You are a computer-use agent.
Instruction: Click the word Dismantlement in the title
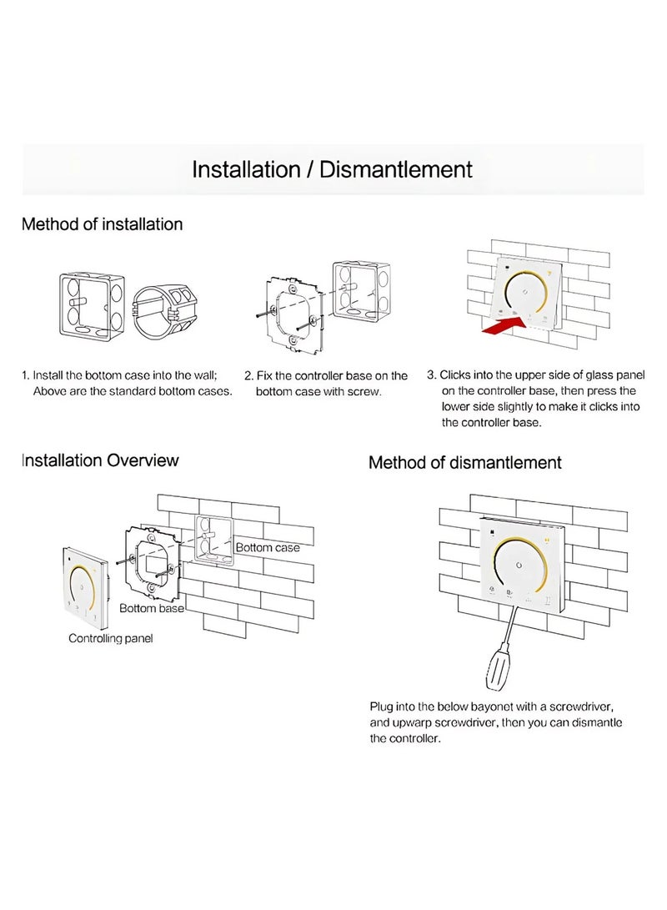tap(395, 169)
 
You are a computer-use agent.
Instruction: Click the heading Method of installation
tap(102, 224)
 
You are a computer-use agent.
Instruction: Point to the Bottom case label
tap(268, 547)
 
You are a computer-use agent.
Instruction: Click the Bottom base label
tap(152, 608)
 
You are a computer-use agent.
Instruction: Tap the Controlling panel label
tap(111, 638)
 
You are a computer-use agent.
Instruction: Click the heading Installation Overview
tap(100, 460)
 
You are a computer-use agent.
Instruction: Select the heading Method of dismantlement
tap(465, 463)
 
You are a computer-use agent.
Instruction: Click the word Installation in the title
tap(246, 169)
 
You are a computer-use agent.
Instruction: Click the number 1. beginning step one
tap(26, 375)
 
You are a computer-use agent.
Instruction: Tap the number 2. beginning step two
tap(248, 375)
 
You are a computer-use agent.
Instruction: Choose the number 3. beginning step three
tap(432, 375)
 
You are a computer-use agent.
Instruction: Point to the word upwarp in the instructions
tap(411, 722)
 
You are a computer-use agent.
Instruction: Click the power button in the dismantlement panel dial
tap(519, 566)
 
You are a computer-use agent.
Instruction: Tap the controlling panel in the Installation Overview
tap(85, 587)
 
